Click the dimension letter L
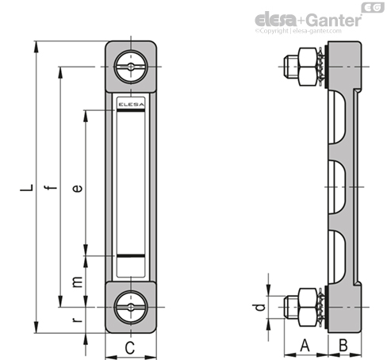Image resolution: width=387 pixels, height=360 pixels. click(27, 187)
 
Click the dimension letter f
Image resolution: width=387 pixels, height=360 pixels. click(50, 187)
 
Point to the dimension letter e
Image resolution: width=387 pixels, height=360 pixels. click(78, 188)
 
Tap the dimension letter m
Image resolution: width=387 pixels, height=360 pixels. click(78, 281)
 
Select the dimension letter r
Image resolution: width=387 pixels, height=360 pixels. click(77, 320)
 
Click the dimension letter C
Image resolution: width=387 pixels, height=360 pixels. click(130, 347)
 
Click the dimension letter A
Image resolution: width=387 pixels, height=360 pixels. click(305, 345)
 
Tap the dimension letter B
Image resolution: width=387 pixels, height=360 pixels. click(343, 345)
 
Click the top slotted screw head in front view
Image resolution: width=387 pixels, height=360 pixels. click(131, 67)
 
